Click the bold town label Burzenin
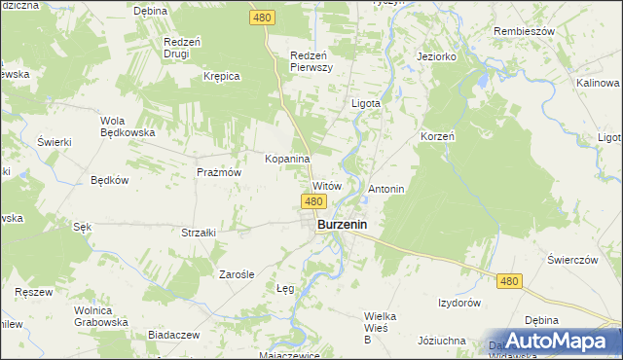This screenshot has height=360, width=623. (347, 224)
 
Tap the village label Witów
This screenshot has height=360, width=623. (327, 186)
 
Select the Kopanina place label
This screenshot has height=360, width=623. (287, 159)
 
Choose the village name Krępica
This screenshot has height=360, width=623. (221, 76)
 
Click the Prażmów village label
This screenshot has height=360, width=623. (218, 172)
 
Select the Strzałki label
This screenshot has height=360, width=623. (199, 233)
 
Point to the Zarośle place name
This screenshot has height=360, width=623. (237, 275)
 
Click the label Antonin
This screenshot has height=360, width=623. (386, 188)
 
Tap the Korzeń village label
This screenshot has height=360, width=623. (437, 137)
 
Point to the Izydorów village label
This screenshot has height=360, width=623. (459, 304)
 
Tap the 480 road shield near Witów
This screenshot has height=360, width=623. (312, 201)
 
